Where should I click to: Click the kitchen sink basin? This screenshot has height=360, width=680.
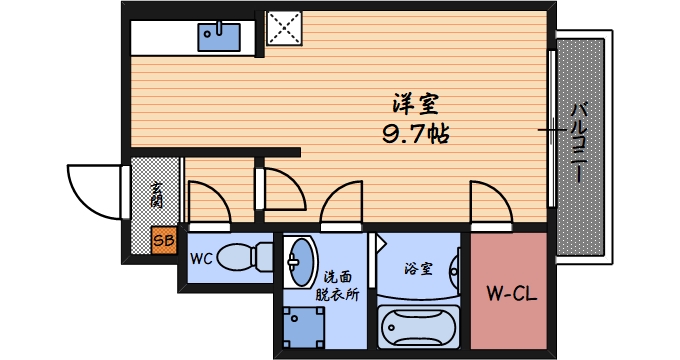click(x=219, y=37)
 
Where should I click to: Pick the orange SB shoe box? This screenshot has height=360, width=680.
click(x=164, y=240)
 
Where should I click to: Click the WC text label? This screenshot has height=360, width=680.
click(x=201, y=258)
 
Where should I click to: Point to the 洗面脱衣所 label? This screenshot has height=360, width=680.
click(x=335, y=284)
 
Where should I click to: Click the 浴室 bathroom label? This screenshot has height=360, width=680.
click(x=418, y=268)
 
